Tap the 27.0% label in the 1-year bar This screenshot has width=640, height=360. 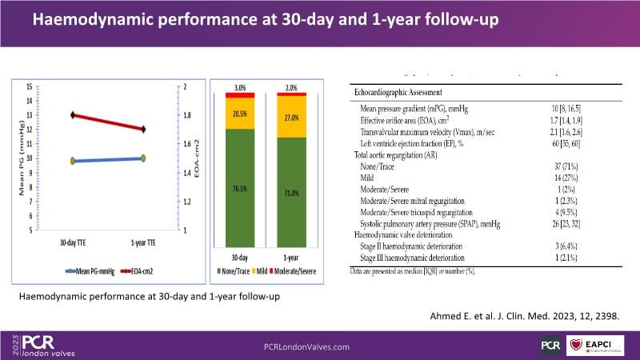[x=291, y=117]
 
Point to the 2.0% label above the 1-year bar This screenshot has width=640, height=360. [x=291, y=86]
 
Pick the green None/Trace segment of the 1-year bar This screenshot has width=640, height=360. [x=291, y=192]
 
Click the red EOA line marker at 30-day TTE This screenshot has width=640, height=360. [x=73, y=115]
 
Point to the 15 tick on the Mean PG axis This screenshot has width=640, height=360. [x=30, y=86]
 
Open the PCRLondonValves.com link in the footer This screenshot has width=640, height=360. [x=306, y=346]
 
